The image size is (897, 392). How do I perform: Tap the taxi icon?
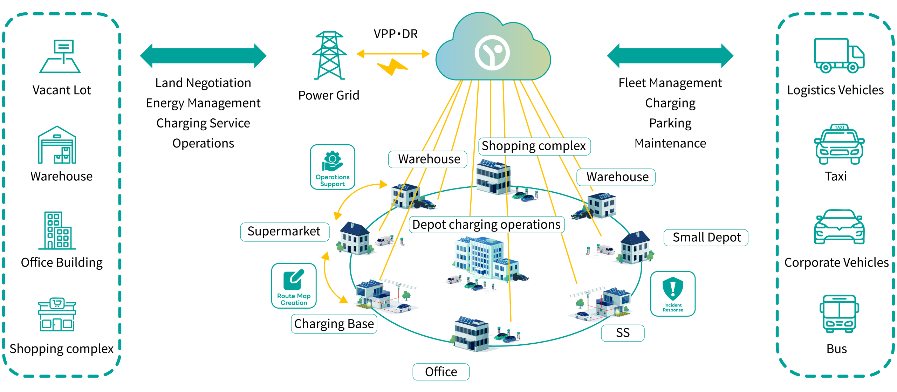pyautogui.click(x=839, y=144)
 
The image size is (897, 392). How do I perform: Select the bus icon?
pyautogui.click(x=839, y=314)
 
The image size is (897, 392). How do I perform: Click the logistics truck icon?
pyautogui.click(x=839, y=56)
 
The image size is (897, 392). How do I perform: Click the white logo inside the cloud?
pyautogui.click(x=492, y=53)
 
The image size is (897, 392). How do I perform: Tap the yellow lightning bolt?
pyautogui.click(x=392, y=67)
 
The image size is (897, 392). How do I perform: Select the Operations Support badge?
pyautogui.click(x=333, y=167)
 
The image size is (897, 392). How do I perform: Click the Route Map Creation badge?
pyautogui.click(x=294, y=286)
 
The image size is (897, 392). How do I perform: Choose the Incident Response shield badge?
pyautogui.click(x=673, y=294)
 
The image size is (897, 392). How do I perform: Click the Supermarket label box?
pyautogui.click(x=284, y=232)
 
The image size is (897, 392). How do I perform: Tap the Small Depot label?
pyautogui.click(x=706, y=238)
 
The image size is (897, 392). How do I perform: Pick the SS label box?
pyautogui.click(x=623, y=333)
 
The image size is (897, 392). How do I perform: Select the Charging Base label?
pyautogui.click(x=334, y=324)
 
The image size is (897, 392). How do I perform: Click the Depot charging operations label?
pyautogui.click(x=486, y=225)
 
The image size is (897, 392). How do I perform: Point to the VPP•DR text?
pyautogui.click(x=396, y=34)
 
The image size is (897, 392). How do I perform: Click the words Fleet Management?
pyautogui.click(x=670, y=83)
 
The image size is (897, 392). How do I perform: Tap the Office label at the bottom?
pyautogui.click(x=441, y=372)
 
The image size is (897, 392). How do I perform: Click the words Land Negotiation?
pyautogui.click(x=203, y=83)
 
